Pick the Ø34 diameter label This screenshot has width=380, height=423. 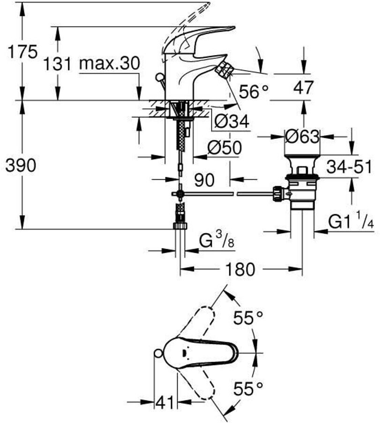tap(231, 122)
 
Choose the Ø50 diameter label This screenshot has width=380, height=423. tap(224, 148)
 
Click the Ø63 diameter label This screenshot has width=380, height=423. tap(303, 137)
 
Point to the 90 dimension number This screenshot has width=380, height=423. tap(203, 179)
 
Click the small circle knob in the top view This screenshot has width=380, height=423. tap(158, 353)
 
